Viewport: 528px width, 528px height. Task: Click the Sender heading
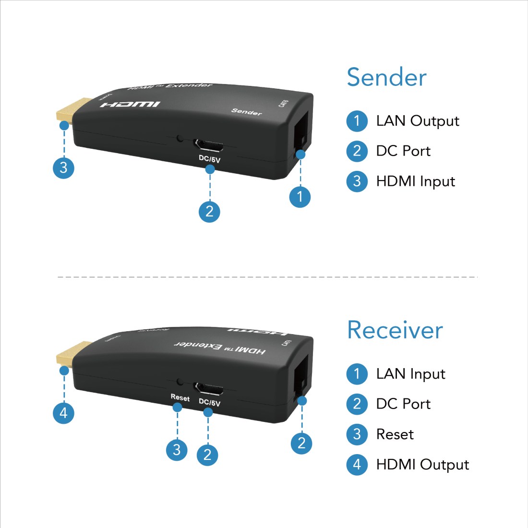[386, 78]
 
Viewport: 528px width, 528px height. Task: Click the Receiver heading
[395, 330]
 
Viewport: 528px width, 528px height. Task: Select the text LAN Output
[418, 121]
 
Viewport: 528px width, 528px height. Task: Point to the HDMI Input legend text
[415, 181]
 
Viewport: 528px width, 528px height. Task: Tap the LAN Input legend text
[410, 374]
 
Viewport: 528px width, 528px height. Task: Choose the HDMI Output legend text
[422, 465]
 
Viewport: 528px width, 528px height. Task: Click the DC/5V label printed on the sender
[209, 159]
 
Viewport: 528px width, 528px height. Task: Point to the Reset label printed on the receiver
[180, 397]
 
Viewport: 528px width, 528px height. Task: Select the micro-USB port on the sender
[208, 144]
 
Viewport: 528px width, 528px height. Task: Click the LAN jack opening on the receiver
[300, 374]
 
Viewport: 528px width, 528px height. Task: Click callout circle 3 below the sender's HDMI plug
[63, 168]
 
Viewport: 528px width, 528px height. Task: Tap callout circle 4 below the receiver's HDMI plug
[63, 413]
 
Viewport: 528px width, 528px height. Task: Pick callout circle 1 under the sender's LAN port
[300, 197]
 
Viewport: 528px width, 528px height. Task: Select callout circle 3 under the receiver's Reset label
[177, 450]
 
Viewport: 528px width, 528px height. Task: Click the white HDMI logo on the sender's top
[130, 104]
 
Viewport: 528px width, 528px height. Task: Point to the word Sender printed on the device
[247, 111]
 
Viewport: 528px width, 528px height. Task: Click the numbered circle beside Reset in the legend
[357, 434]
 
